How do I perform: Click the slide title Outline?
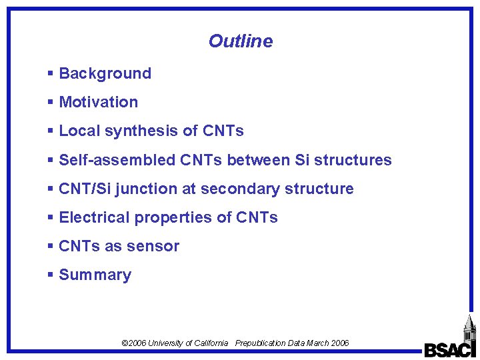click(x=240, y=41)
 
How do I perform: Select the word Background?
click(x=105, y=73)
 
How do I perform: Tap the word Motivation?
click(x=99, y=102)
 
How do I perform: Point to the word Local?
click(x=75, y=131)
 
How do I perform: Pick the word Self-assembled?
click(x=118, y=160)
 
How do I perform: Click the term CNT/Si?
click(x=85, y=189)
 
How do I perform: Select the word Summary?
click(x=95, y=275)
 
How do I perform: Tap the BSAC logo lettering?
click(x=449, y=350)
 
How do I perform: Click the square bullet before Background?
click(x=51, y=73)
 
